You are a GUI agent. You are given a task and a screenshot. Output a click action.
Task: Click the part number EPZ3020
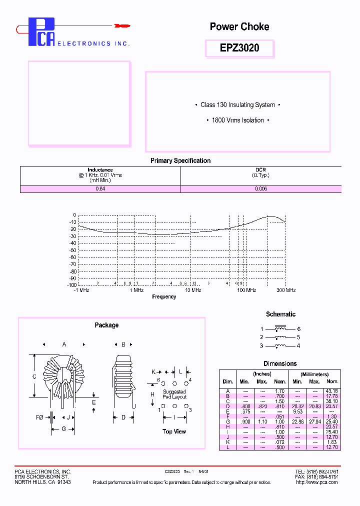click(239, 48)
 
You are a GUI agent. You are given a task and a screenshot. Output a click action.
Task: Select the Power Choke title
click(239, 26)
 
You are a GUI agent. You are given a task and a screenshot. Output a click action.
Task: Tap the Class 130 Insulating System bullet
click(237, 105)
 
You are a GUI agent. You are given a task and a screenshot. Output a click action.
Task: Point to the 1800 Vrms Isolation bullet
click(237, 120)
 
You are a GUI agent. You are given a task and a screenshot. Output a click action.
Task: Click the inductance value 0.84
click(100, 189)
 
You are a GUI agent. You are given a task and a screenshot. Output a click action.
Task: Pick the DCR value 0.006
click(261, 189)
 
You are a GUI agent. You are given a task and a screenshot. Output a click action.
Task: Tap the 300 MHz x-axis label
click(286, 290)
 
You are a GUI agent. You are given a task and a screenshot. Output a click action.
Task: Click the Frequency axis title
click(164, 297)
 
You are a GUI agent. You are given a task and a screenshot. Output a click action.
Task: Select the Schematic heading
click(280, 314)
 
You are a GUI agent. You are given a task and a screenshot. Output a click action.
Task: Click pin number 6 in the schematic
click(299, 329)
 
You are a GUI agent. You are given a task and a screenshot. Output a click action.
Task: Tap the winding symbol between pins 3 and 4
click(280, 345)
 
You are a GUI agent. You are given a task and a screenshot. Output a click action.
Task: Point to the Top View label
click(174, 431)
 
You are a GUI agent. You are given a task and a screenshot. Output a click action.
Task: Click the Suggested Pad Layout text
click(174, 394)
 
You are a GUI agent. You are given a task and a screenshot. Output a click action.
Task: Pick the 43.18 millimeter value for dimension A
click(332, 391)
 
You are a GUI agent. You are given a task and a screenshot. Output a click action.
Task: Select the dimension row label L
click(227, 447)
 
